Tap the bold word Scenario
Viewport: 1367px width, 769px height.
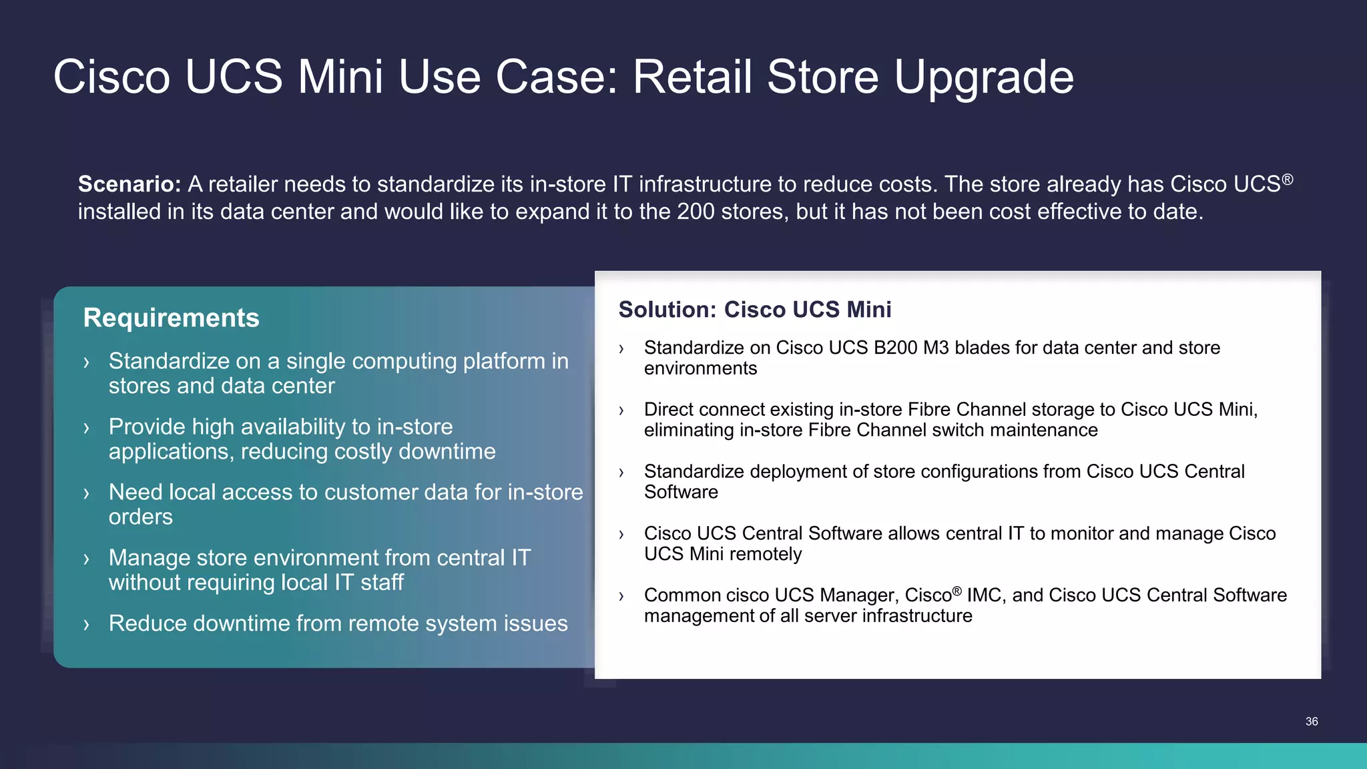[129, 184]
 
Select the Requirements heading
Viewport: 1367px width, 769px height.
[171, 318]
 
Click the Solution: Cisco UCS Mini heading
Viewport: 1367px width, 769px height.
[754, 310]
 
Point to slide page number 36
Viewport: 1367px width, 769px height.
[1311, 722]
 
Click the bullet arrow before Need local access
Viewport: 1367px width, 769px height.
[86, 494]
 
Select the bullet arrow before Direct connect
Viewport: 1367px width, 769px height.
[621, 411]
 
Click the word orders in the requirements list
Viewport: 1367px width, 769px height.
[140, 517]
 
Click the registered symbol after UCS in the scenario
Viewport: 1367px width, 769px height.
[1288, 180]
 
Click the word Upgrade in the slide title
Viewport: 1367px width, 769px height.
[983, 77]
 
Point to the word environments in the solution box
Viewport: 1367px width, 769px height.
[700, 368]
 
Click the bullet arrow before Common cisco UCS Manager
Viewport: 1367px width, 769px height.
[621, 596]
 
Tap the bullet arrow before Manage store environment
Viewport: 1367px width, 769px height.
[86, 559]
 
